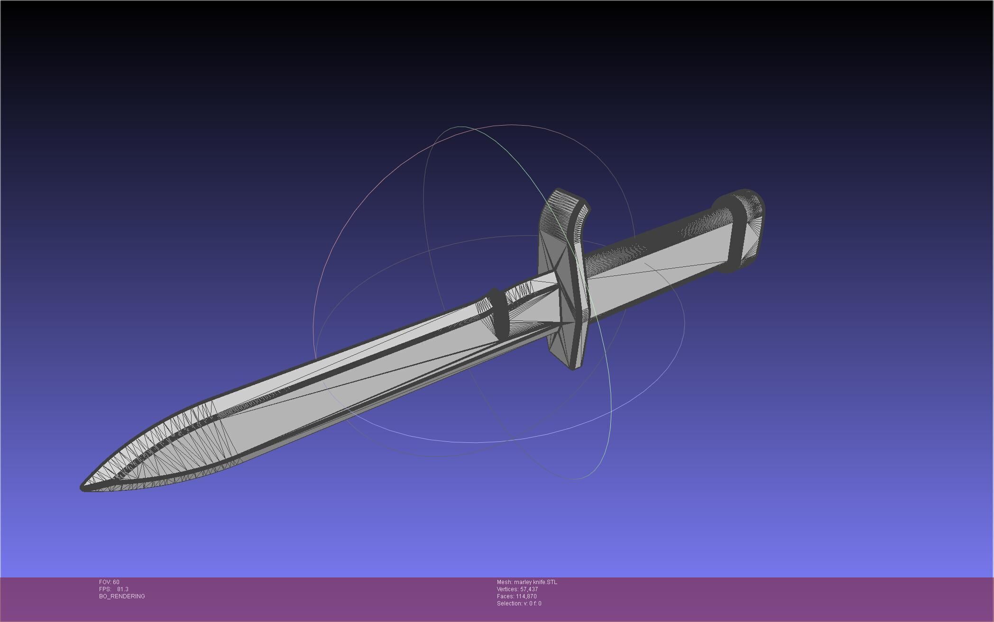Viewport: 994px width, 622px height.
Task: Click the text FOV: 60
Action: coord(109,582)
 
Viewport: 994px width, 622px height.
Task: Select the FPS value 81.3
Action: coord(122,589)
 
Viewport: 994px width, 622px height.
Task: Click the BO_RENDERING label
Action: coord(122,596)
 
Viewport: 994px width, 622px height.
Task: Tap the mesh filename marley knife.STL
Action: coord(535,582)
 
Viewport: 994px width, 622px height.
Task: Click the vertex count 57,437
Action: coord(529,589)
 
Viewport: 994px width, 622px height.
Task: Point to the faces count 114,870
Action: coord(526,596)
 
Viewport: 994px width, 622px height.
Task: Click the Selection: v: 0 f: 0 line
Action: coord(519,604)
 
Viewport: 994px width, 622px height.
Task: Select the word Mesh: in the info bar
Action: coord(504,582)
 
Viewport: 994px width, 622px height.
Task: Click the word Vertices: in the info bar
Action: coord(507,589)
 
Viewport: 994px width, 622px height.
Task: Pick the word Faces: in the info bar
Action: coord(505,596)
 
